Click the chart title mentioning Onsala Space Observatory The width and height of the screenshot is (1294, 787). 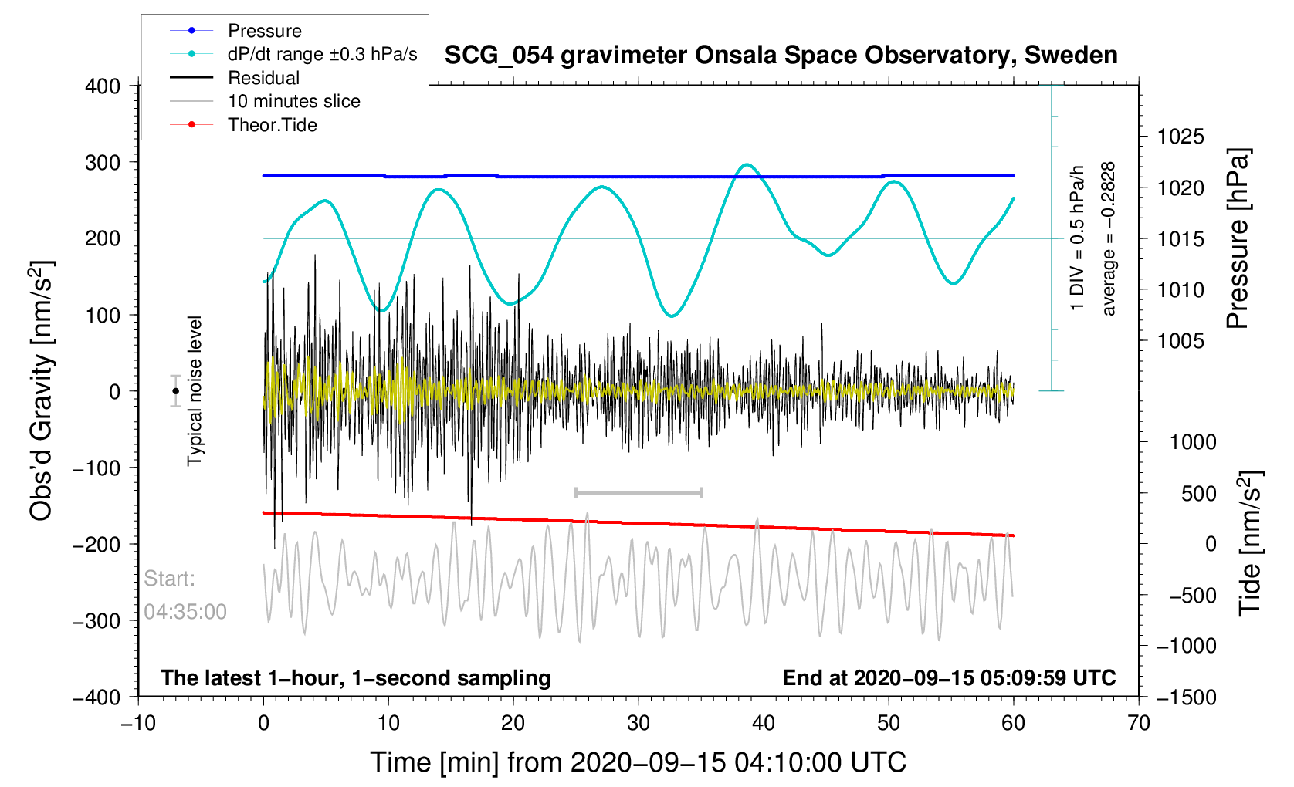click(781, 56)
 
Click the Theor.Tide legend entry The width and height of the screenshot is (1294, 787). click(243, 125)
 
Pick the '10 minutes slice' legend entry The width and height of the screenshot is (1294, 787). click(265, 101)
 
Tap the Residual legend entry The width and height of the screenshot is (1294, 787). click(235, 78)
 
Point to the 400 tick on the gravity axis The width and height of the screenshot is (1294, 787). click(103, 86)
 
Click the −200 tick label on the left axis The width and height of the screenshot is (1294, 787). click(97, 545)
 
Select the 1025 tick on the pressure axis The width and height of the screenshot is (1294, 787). click(1181, 137)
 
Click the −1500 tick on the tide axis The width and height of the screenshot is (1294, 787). click(1187, 697)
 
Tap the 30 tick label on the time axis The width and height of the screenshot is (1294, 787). click(639, 723)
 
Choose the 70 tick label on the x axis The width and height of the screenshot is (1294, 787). click(1139, 723)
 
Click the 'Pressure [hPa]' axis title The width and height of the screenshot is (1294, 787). click(1238, 239)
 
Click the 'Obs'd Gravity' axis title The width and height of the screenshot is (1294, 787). click(42, 391)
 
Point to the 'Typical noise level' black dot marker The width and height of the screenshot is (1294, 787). click(175, 391)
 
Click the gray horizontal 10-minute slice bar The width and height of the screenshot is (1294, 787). click(639, 492)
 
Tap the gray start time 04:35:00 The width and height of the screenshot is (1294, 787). click(185, 612)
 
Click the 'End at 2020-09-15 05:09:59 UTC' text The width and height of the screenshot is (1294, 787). click(949, 678)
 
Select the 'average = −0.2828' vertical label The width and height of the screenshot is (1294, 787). click(1108, 239)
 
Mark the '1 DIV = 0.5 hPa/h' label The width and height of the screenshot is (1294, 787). click(1077, 238)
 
